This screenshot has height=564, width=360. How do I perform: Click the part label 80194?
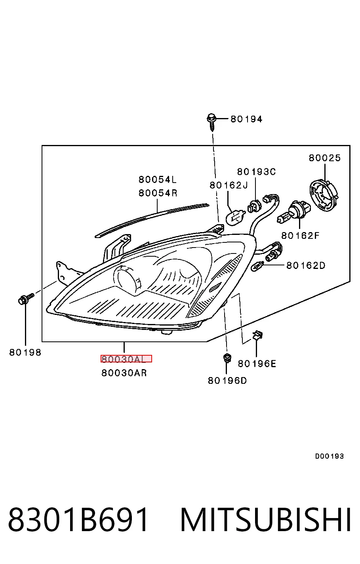pos(246,119)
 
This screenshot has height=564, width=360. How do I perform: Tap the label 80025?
pos(325,158)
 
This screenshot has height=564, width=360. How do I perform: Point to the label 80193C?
pos(257,172)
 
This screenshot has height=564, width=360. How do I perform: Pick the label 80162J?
pos(229,185)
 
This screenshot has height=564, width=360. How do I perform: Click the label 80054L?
pos(158,179)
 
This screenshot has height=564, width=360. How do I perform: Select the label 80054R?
pos(158,193)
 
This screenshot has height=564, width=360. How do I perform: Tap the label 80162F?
pos(300,236)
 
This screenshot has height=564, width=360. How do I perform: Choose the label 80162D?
pos(306,265)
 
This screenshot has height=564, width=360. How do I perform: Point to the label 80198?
pos(25,352)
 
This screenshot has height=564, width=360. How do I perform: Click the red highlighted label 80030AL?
pos(126,359)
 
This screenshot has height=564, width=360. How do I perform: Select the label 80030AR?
pos(124,373)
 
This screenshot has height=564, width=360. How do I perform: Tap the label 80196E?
pos(257,364)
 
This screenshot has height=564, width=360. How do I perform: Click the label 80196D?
pos(227,381)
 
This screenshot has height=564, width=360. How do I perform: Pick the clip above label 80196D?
pos(227,358)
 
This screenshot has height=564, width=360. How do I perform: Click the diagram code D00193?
pos(330,456)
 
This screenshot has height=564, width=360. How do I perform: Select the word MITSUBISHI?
pos(266,520)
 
